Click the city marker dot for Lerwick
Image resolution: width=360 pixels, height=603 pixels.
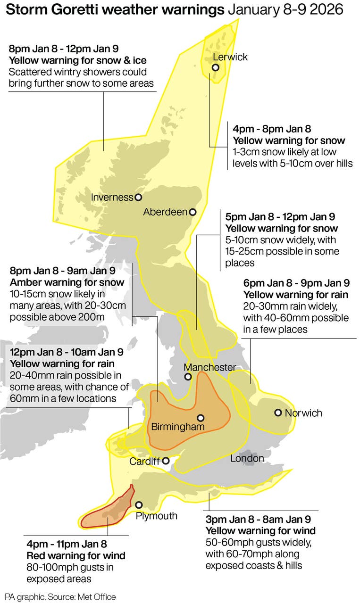[x=216, y=67]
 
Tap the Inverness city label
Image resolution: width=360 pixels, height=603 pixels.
[x=112, y=198]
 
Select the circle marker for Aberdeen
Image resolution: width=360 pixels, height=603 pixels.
[x=192, y=212]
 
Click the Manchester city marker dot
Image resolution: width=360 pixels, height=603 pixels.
[x=188, y=377]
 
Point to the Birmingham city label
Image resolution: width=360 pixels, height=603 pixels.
[x=178, y=427]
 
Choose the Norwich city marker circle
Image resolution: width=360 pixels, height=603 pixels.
[x=278, y=413]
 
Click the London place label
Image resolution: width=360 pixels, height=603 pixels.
[x=247, y=458]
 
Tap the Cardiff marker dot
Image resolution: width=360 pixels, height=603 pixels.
[x=166, y=461]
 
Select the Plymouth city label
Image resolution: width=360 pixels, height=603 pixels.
[x=156, y=516]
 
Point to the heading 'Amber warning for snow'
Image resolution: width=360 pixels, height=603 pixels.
[x=67, y=282]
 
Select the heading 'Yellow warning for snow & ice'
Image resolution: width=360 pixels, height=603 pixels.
[x=77, y=60]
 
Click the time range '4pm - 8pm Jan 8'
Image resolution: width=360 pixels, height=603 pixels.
[x=271, y=129]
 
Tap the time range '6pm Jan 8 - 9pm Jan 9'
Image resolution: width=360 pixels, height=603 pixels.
[x=296, y=283]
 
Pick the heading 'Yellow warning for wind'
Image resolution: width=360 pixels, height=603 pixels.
[x=258, y=531]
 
